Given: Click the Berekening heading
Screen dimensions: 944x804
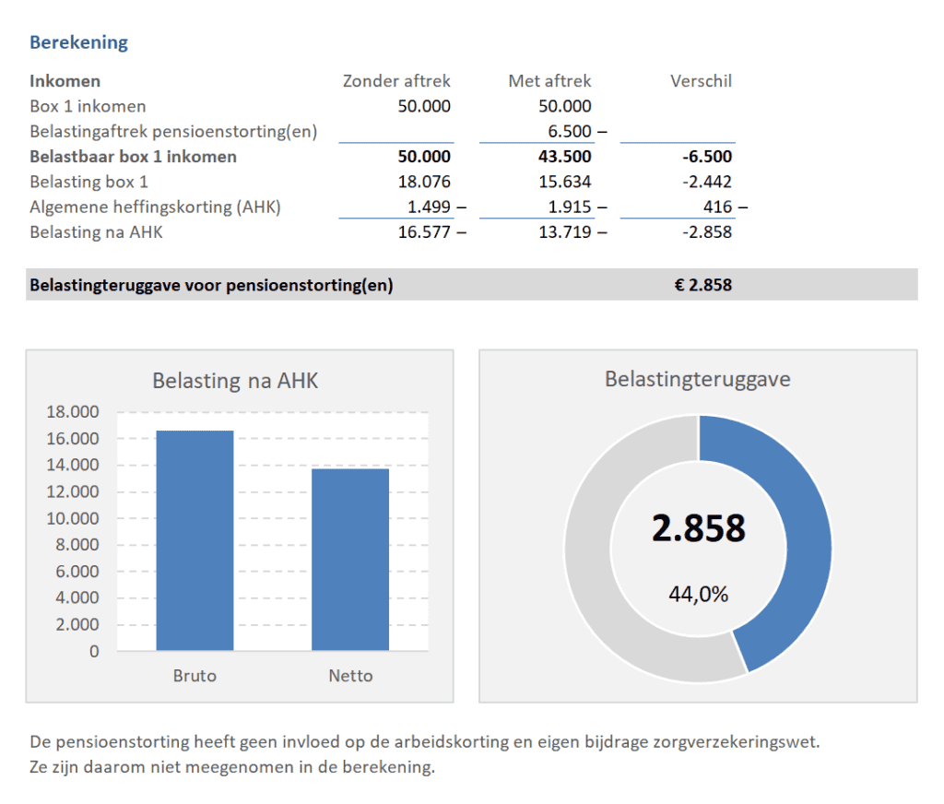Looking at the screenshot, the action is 78,42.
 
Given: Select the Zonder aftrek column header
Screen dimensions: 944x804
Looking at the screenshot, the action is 396,81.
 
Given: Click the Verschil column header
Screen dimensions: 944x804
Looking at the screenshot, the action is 701,81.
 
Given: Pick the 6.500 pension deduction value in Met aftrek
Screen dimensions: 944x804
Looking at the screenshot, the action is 570,131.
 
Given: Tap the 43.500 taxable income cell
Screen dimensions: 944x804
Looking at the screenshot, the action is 563,157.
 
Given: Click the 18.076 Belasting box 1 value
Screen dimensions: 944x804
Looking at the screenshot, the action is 424,182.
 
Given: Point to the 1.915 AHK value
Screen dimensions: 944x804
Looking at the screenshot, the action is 570,207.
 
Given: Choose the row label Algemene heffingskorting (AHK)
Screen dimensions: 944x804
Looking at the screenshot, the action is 155,207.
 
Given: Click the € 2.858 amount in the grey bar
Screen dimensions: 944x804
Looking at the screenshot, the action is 702,285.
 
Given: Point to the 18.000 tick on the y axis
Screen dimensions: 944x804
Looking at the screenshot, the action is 72,412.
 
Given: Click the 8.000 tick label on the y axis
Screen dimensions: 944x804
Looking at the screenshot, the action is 76,545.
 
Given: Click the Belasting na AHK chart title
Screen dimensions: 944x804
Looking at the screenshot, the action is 235,381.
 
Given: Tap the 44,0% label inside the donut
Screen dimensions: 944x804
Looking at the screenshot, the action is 698,595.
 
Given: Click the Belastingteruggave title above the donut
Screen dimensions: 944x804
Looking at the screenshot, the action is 698,379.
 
